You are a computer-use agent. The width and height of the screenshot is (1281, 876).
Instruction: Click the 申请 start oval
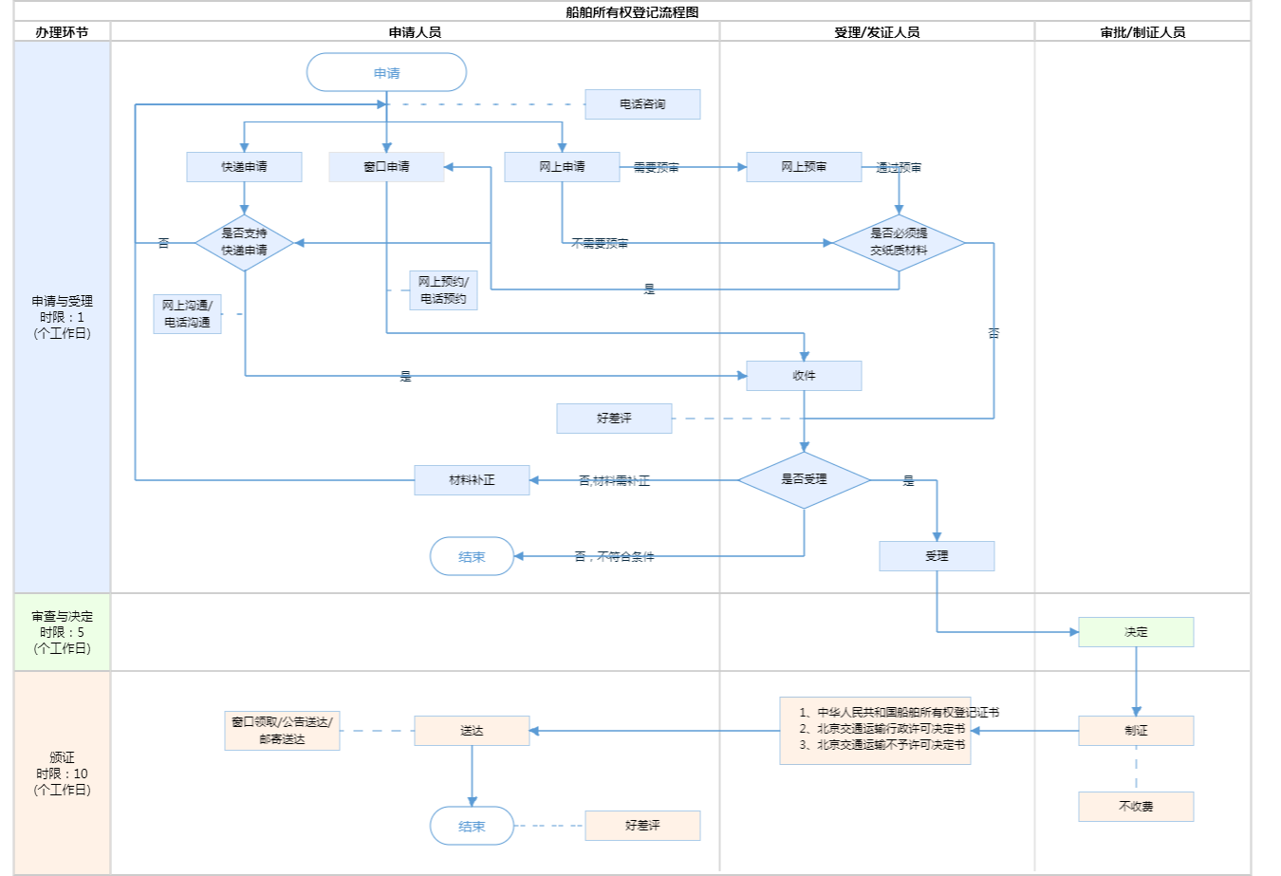point(386,72)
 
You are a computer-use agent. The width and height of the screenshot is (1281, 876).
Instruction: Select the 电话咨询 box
point(642,104)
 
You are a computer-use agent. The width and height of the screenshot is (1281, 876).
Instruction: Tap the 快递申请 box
point(244,167)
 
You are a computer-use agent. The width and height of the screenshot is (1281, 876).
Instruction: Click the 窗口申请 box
point(386,167)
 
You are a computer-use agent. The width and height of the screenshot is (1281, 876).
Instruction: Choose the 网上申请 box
point(562,167)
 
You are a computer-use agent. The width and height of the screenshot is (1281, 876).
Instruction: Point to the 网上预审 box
point(804,167)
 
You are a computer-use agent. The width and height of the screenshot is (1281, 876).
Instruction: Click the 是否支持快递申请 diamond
point(244,243)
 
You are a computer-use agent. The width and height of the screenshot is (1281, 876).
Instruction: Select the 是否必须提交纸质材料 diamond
point(899,243)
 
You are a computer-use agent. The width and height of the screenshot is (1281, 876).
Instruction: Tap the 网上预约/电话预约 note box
point(443,290)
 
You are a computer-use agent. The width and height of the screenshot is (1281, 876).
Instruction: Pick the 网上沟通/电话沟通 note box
point(187,314)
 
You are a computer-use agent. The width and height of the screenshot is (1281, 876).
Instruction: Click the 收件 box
point(804,376)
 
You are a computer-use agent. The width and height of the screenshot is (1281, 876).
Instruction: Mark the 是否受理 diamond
point(804,480)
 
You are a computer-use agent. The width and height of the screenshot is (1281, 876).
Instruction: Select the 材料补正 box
point(472,480)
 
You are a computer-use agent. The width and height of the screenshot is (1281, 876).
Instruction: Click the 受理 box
point(937,556)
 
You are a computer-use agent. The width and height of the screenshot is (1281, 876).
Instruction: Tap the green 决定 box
point(1136,632)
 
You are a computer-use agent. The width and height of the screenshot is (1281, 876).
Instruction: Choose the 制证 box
point(1136,731)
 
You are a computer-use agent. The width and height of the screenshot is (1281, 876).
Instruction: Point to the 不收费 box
point(1136,807)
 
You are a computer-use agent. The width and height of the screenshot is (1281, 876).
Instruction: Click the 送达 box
point(472,731)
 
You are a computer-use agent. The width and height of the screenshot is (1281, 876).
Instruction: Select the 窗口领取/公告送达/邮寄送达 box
point(282,731)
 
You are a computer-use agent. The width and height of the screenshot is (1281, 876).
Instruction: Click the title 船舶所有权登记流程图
point(632,12)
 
